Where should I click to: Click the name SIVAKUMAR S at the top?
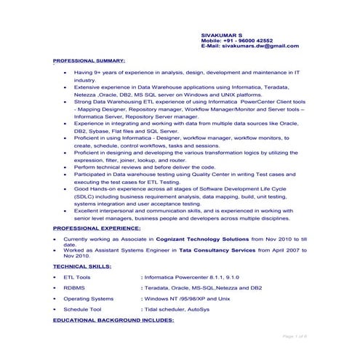click(222, 34)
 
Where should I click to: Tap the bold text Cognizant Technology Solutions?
click(205, 239)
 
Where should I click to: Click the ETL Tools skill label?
click(77, 277)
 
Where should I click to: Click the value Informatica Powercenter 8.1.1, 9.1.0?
click(183, 277)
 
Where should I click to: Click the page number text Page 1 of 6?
click(295, 336)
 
